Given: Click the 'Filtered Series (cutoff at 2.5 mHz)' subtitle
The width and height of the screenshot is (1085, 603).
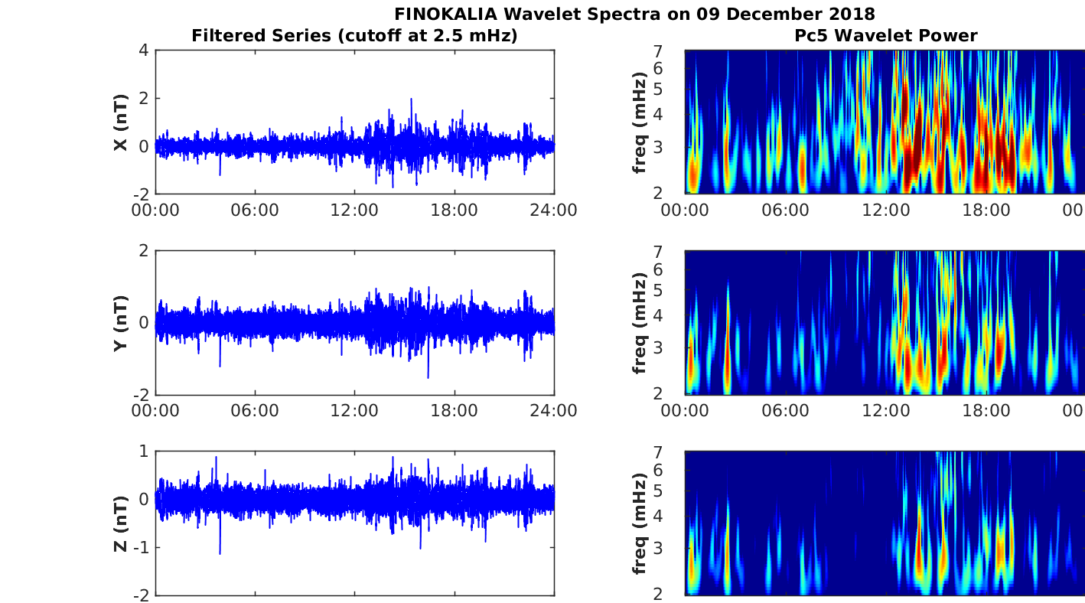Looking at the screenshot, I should pyautogui.click(x=354, y=35).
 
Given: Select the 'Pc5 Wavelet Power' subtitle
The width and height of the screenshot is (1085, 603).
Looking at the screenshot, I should pyautogui.click(x=885, y=35).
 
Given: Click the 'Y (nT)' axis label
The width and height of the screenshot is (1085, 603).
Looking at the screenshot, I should pyautogui.click(x=120, y=323).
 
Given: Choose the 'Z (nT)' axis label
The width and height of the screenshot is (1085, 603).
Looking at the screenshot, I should pyautogui.click(x=120, y=524).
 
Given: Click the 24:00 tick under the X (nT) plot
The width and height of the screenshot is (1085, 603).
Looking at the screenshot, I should pyautogui.click(x=554, y=210).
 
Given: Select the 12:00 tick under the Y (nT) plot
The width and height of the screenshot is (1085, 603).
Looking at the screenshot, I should pyautogui.click(x=354, y=410).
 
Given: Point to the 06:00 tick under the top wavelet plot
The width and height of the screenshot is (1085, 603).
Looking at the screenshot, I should pyautogui.click(x=785, y=210).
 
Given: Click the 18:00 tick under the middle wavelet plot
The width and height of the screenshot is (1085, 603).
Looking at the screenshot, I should pyautogui.click(x=986, y=410).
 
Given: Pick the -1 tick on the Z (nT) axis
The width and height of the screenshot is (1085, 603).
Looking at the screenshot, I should pyautogui.click(x=140, y=548).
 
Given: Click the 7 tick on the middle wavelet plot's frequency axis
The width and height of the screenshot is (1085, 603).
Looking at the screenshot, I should pyautogui.click(x=675, y=253).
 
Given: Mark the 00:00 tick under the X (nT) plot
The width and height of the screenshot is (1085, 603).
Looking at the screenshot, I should pyautogui.click(x=155, y=210).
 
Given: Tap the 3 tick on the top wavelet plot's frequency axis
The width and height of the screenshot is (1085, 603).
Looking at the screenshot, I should pyautogui.click(x=675, y=146).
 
